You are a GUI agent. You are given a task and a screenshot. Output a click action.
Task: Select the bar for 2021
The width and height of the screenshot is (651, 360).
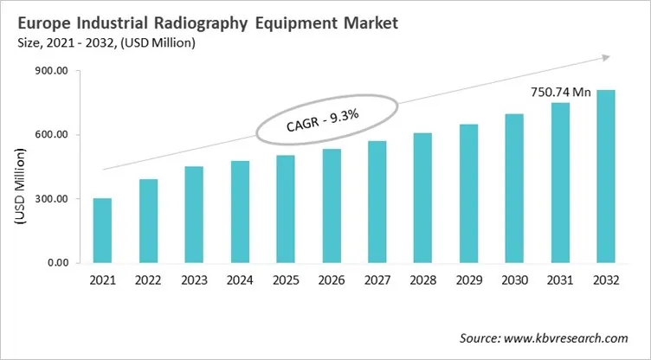point(102,230)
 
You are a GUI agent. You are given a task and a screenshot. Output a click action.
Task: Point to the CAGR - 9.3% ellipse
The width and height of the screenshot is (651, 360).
point(327,121)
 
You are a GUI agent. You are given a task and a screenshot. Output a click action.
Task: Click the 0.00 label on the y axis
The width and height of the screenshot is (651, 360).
point(56,263)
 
